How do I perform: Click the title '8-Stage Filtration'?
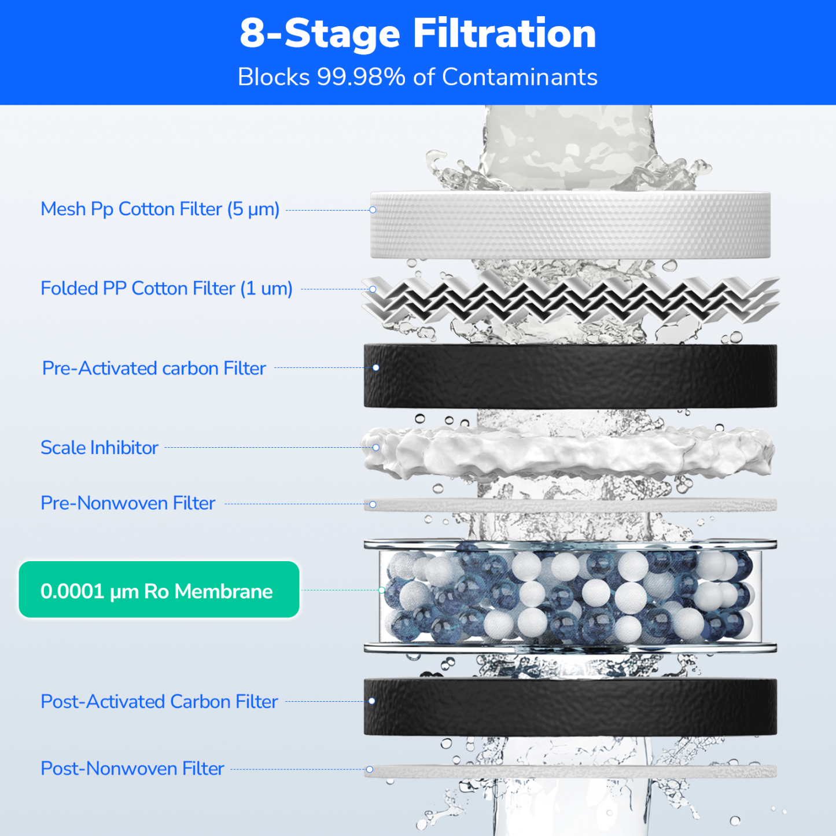(418, 34)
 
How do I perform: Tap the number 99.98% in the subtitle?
(361, 78)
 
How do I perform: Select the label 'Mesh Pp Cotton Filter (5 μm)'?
(160, 209)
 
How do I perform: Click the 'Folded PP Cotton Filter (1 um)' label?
(166, 289)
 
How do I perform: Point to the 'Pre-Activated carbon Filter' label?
(154, 369)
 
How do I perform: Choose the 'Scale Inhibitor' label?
(99, 448)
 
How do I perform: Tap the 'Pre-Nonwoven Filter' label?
(128, 503)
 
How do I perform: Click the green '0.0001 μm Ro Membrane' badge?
(159, 590)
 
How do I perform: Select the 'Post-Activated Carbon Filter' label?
(159, 702)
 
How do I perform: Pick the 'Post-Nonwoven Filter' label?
(132, 769)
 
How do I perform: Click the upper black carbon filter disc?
(570, 376)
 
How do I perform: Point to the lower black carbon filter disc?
(570, 707)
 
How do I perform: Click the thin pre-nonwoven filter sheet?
(570, 505)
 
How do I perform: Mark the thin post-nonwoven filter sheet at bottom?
(570, 771)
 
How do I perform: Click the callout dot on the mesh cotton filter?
(373, 210)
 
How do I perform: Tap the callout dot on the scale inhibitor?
(376, 448)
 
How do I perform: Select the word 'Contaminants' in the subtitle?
(520, 78)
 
